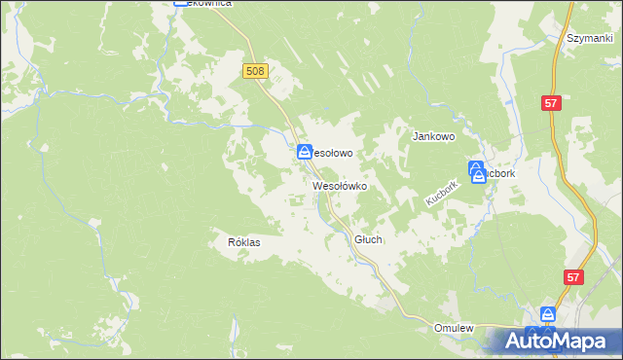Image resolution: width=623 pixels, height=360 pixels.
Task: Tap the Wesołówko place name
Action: pyautogui.click(x=339, y=185)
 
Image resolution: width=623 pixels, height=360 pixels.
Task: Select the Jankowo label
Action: pyautogui.click(x=434, y=137)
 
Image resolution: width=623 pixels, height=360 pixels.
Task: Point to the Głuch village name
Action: pyautogui.click(x=369, y=238)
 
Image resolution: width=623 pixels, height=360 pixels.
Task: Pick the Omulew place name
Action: pyautogui.click(x=454, y=329)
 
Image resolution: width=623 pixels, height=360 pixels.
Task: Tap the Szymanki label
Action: pyautogui.click(x=587, y=38)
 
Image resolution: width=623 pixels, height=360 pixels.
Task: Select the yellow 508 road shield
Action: pyautogui.click(x=255, y=71)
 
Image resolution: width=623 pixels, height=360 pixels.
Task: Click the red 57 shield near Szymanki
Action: pyautogui.click(x=552, y=102)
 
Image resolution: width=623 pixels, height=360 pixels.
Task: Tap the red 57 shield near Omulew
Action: pyautogui.click(x=572, y=278)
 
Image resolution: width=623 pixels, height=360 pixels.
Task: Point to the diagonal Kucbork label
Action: pyautogui.click(x=441, y=191)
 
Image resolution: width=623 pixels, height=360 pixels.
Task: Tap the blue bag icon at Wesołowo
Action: pyautogui.click(x=304, y=153)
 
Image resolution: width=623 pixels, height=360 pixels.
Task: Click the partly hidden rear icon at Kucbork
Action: pyautogui.click(x=477, y=166)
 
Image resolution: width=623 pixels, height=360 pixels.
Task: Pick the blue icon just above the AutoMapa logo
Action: pyautogui.click(x=548, y=315)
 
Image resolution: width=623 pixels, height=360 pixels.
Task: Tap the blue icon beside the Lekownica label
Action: pyautogui.click(x=181, y=3)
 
